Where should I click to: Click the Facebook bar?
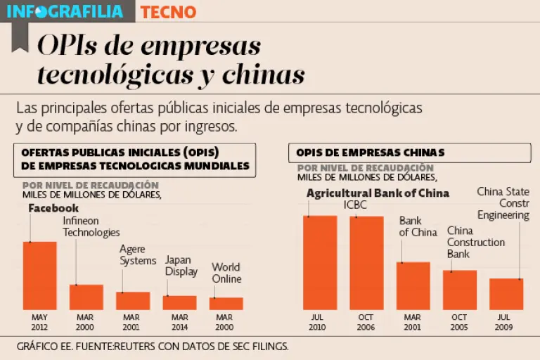(x=40, y=276)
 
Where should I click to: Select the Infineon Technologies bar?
(x=86, y=297)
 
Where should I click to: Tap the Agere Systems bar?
(x=133, y=300)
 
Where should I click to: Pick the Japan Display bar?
(x=179, y=302)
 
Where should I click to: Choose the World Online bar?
(x=226, y=303)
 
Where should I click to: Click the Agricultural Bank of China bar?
(x=320, y=262)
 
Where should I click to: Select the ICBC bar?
(x=366, y=263)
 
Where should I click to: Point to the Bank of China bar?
(x=413, y=285)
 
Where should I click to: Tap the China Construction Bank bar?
(x=459, y=290)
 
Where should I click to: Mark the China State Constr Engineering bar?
(x=506, y=294)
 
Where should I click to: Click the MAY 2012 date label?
(x=40, y=322)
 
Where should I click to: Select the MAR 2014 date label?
(x=179, y=322)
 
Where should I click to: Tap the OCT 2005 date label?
(x=459, y=322)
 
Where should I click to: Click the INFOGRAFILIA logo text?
(x=65, y=11)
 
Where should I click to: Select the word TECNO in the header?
(x=168, y=12)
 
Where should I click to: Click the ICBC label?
(x=355, y=205)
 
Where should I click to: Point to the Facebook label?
(x=53, y=208)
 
